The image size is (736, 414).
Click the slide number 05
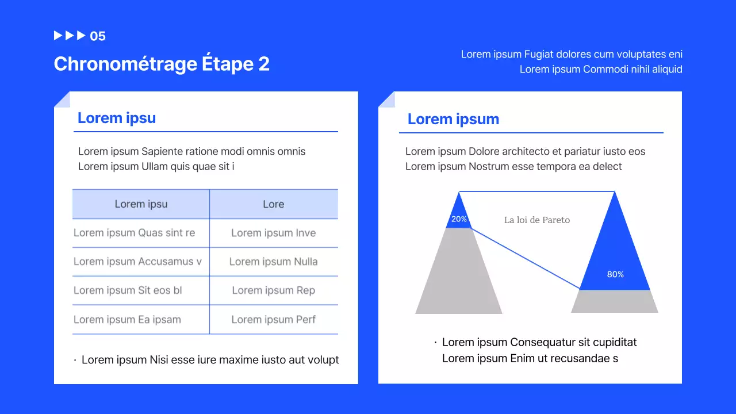[x=98, y=36]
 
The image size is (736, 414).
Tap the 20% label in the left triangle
[x=459, y=219]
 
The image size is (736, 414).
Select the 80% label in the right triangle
[x=615, y=274]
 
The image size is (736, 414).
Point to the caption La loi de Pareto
[x=537, y=220]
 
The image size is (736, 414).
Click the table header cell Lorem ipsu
[x=141, y=204]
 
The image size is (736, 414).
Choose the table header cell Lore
[x=274, y=204]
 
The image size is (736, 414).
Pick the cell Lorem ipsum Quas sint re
[x=135, y=233]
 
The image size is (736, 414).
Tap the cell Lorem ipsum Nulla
[x=274, y=262]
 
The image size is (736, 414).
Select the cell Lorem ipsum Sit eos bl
[x=128, y=290]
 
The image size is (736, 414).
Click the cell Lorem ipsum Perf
[x=274, y=320]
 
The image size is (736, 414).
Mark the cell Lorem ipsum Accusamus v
[x=137, y=262]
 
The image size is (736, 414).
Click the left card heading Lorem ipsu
[x=117, y=118]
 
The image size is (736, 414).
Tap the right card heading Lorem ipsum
[x=453, y=120]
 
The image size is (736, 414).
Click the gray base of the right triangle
[x=615, y=301]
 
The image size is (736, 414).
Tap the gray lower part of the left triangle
[x=459, y=276]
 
